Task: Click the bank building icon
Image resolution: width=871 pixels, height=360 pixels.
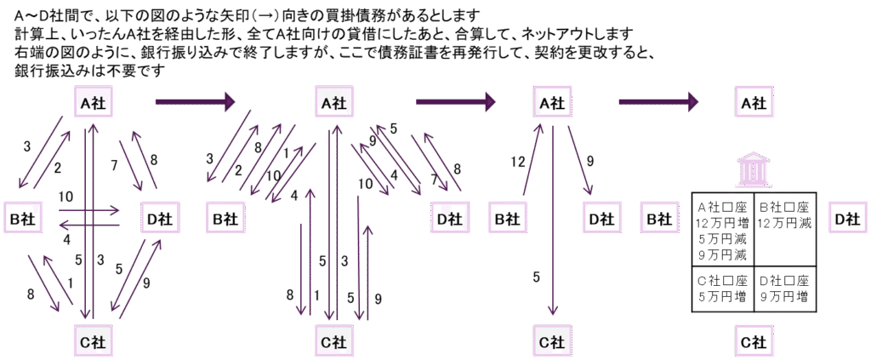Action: [x=752, y=170]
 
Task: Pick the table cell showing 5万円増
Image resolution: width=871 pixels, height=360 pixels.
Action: [x=722, y=289]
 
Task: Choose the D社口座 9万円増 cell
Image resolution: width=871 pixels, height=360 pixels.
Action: [x=785, y=289]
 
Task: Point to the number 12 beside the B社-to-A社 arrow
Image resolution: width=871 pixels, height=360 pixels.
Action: [x=518, y=162]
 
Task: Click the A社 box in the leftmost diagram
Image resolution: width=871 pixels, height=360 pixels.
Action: [x=93, y=102]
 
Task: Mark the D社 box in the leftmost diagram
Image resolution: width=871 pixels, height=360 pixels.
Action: [x=159, y=218]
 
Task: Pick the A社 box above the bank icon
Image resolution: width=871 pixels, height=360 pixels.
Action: [x=752, y=102]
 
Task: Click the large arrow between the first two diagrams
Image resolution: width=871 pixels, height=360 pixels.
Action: [x=195, y=102]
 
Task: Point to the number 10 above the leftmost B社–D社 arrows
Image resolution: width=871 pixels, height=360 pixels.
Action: [x=65, y=197]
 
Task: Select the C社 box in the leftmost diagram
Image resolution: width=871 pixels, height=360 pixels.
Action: [x=93, y=342]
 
